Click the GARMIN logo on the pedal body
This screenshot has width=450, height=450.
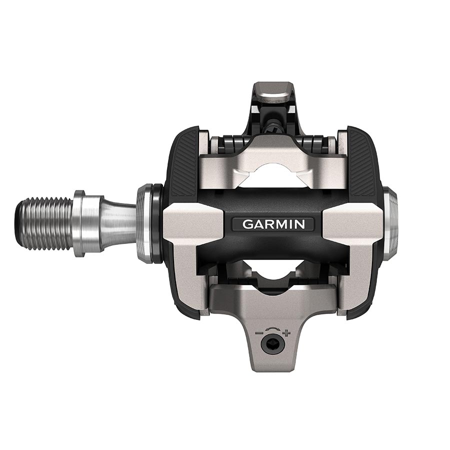coord(273,224)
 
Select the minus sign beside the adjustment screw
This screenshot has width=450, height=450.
coord(259,332)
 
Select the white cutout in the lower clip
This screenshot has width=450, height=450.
coord(273,270)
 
